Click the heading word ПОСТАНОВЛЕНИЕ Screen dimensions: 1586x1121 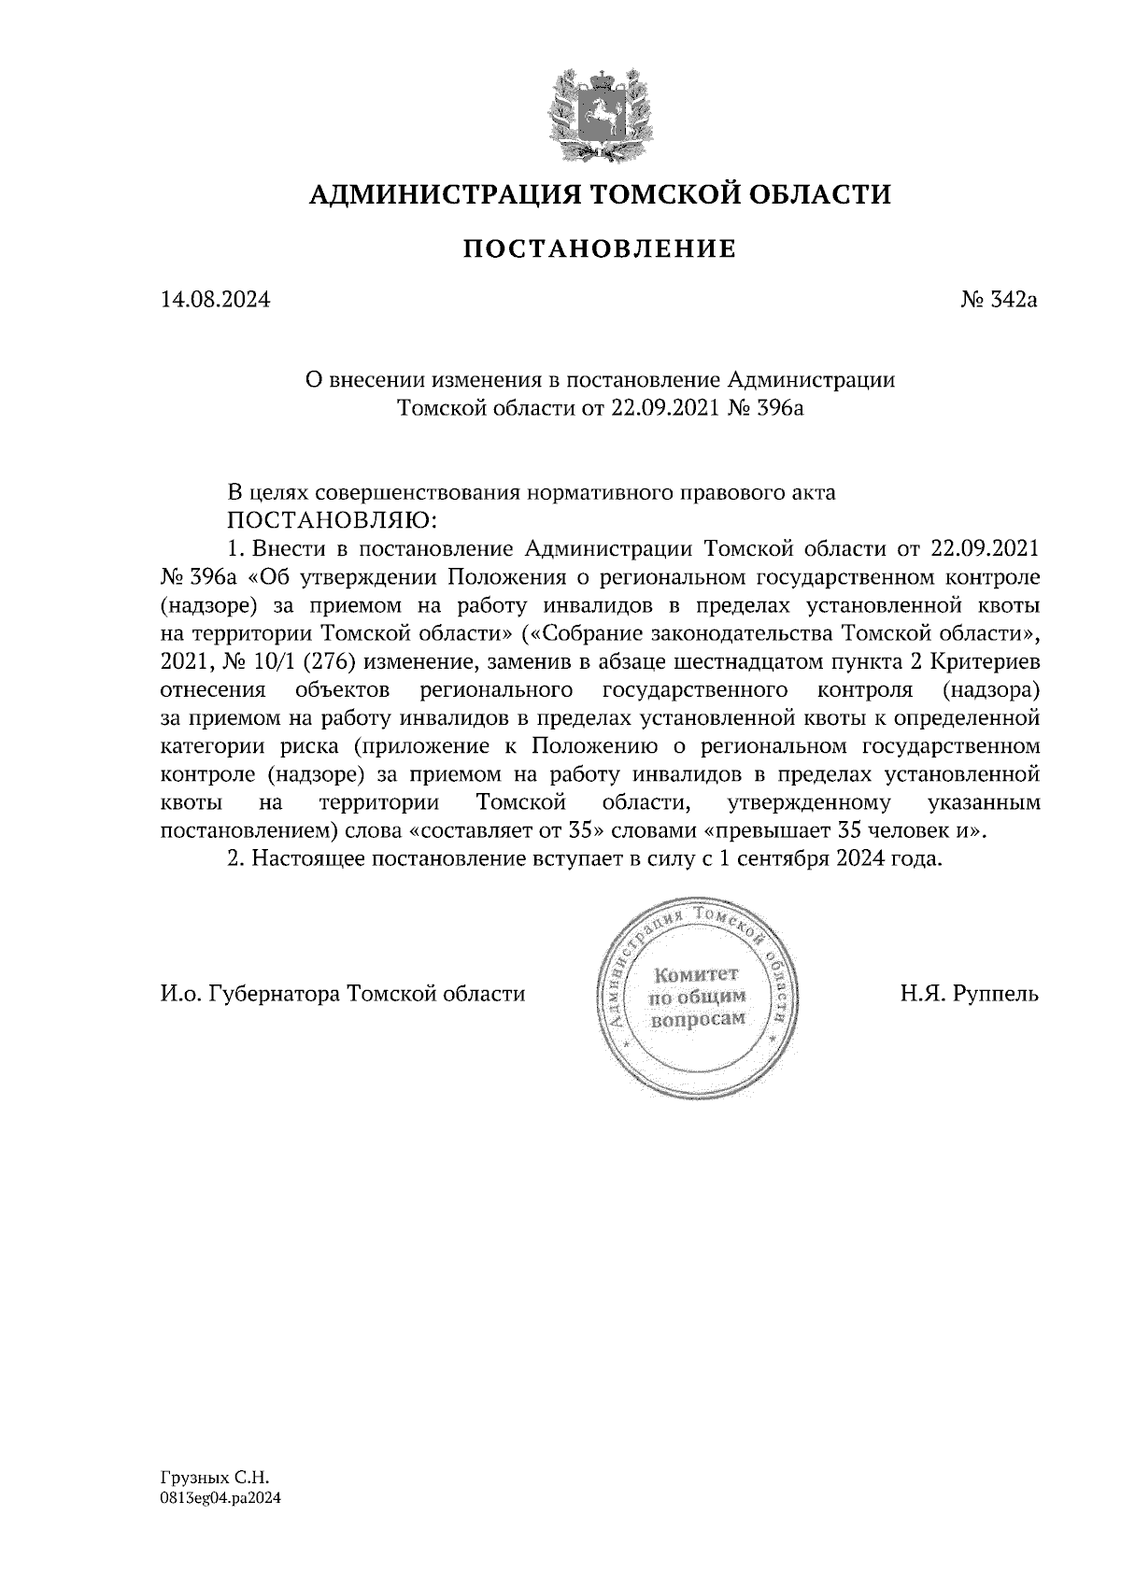point(600,248)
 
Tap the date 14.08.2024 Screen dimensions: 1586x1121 point(216,301)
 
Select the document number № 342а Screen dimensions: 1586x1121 point(1000,301)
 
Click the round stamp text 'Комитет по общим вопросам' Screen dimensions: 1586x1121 point(697,996)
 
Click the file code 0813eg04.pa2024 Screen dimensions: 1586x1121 point(220,1497)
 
